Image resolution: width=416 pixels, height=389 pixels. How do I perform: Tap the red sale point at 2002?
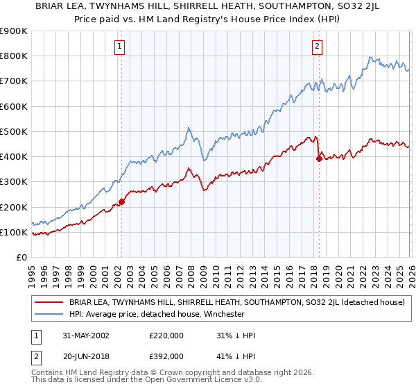121,201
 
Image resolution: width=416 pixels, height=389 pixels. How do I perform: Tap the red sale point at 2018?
318,158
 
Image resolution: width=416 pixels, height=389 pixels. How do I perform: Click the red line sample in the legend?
49,303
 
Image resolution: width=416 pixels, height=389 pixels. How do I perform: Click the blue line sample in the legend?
49,314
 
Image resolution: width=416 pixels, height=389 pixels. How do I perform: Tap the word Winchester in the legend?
223,314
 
